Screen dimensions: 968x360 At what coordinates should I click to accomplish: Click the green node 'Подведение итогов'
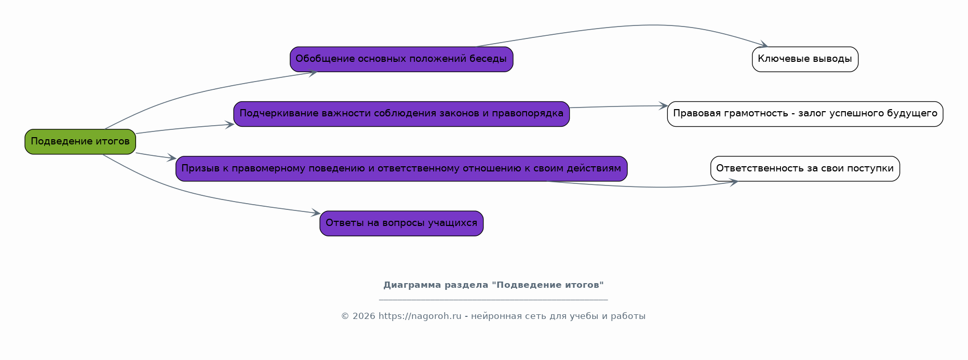point(80,141)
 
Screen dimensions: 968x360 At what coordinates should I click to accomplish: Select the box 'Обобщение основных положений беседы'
point(401,59)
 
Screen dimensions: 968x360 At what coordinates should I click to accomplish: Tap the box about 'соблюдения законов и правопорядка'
point(401,114)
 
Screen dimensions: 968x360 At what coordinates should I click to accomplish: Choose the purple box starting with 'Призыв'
point(401,169)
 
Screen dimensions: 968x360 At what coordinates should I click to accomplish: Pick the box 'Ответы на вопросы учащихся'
point(401,223)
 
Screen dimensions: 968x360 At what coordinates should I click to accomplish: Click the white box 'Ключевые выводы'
point(805,59)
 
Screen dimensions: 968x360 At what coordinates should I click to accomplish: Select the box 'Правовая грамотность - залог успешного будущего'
point(805,114)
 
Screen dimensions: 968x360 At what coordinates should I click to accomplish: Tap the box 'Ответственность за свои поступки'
point(805,169)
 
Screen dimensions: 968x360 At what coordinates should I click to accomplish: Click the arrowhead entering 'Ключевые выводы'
point(763,45)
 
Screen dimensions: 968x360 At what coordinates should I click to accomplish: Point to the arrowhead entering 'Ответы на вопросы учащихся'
point(315,212)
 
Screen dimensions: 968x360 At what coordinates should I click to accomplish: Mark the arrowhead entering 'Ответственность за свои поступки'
point(733,182)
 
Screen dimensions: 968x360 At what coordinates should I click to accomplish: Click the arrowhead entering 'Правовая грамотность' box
point(663,106)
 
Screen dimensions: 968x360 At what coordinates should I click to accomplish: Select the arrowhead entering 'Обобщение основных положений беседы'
point(312,73)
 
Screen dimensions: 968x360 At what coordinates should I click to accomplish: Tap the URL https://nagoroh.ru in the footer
point(420,316)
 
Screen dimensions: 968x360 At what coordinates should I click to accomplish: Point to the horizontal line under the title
point(493,300)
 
